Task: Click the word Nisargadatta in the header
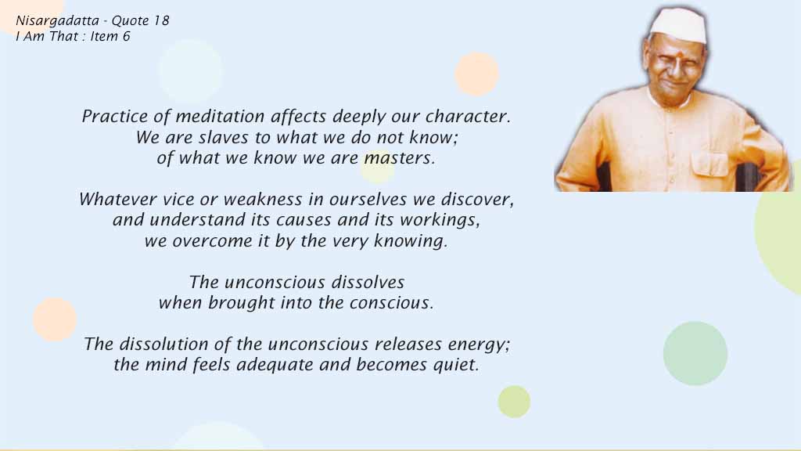point(57,21)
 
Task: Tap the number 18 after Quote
point(161,20)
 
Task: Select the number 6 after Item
point(126,36)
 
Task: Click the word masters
point(399,157)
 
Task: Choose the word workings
point(440,220)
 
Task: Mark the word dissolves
point(368,282)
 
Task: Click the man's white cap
point(678,26)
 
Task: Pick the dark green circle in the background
point(695,353)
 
